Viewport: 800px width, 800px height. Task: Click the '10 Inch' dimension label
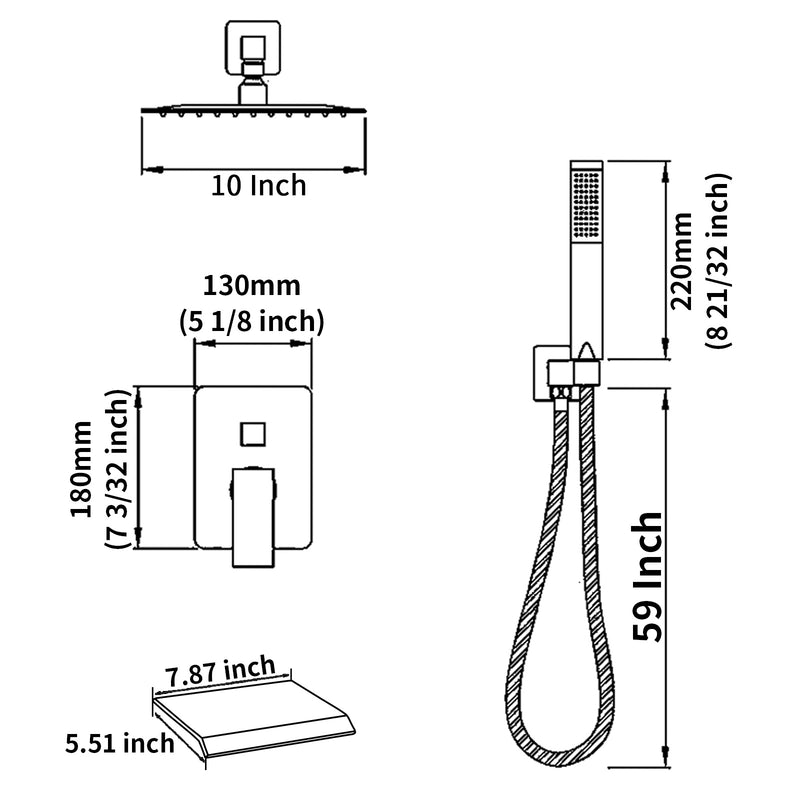click(258, 185)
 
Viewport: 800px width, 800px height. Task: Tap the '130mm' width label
click(252, 286)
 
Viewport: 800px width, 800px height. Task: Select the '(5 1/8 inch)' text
click(252, 321)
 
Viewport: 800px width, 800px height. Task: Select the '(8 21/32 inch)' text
click(719, 262)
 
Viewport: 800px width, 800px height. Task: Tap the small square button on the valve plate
click(252, 435)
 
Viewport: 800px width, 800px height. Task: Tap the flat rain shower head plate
click(248, 111)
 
